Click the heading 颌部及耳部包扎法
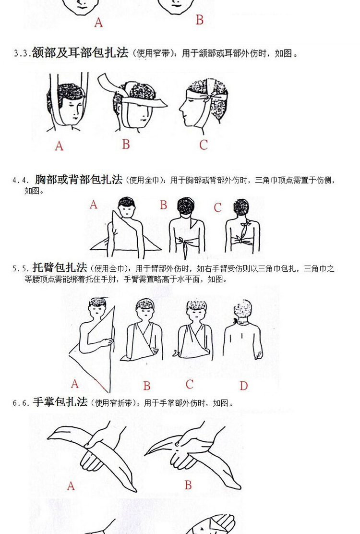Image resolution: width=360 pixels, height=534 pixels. click(80, 53)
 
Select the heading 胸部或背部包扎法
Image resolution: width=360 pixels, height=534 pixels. click(79, 180)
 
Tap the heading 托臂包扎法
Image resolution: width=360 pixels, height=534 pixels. click(60, 268)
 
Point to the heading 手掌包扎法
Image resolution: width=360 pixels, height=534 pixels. click(60, 402)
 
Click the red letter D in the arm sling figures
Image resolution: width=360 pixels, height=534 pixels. click(244, 386)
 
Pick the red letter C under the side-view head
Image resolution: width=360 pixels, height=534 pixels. click(204, 145)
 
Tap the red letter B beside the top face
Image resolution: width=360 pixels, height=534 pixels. click(200, 20)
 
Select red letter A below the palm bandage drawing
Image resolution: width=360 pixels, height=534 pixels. click(71, 486)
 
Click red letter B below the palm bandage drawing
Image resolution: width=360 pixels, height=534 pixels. click(188, 485)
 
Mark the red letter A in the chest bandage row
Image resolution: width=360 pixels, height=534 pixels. click(94, 205)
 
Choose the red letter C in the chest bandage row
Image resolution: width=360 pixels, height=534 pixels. click(218, 207)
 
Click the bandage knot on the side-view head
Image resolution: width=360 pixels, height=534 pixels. click(207, 98)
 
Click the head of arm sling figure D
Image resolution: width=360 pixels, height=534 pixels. click(243, 311)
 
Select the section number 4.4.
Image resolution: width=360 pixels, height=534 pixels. click(21, 181)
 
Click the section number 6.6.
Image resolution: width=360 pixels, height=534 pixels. click(21, 403)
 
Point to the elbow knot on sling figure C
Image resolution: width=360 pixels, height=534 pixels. click(177, 354)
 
